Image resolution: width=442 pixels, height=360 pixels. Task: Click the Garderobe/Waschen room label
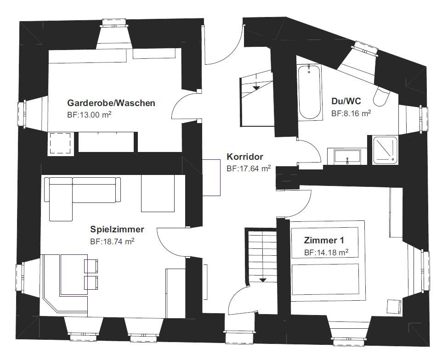tap(111, 103)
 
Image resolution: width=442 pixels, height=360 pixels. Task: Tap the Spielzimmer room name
tap(117, 229)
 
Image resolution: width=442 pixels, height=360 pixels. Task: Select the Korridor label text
tap(245, 157)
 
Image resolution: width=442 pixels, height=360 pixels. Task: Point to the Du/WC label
tap(346, 101)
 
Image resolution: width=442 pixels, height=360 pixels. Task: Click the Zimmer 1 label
tap(324, 240)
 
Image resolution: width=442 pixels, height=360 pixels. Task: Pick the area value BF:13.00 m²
tap(89, 115)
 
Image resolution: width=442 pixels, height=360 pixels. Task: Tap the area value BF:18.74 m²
tap(112, 242)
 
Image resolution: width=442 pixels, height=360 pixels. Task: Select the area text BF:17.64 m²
tap(249, 169)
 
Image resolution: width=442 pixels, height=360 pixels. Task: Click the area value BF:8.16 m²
tap(351, 113)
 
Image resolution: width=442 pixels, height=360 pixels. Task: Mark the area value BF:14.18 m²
tap(326, 253)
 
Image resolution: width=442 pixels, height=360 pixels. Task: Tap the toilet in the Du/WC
tap(381, 96)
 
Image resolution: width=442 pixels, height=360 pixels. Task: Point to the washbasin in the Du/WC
tap(347, 157)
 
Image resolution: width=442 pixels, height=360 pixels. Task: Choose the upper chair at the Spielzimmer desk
tap(91, 266)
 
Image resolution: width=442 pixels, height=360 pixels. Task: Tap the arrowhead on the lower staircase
tap(263, 280)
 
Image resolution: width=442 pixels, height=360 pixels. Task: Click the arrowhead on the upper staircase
tap(256, 88)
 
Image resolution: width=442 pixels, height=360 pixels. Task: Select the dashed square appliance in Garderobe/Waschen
tap(60, 143)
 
